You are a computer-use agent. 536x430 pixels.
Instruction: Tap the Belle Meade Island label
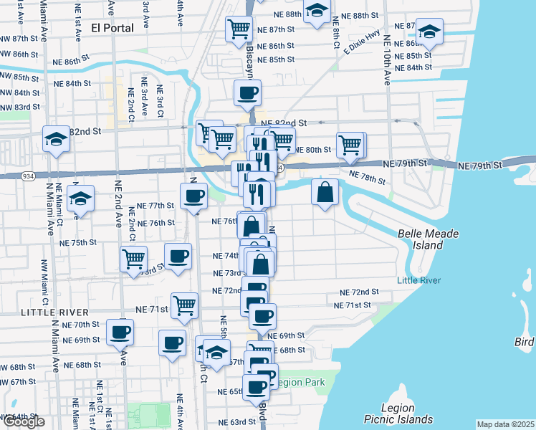pyautogui.click(x=429, y=239)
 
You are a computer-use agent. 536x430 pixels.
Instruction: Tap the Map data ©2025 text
pyautogui.click(x=505, y=424)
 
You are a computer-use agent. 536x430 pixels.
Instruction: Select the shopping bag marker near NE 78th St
pyautogui.click(x=325, y=192)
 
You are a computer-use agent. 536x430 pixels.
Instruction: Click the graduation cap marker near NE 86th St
pyautogui.click(x=430, y=32)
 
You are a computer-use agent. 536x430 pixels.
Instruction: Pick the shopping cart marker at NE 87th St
pyautogui.click(x=239, y=29)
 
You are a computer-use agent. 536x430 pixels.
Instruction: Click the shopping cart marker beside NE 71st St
pyautogui.click(x=185, y=305)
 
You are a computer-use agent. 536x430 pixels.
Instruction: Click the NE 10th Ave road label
pyautogui.click(x=387, y=61)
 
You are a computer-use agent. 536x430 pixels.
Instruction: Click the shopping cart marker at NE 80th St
pyautogui.click(x=350, y=144)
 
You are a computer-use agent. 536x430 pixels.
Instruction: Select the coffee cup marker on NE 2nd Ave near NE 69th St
pyautogui.click(x=120, y=331)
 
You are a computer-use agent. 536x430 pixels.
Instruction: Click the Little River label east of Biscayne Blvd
pyautogui.click(x=419, y=280)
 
